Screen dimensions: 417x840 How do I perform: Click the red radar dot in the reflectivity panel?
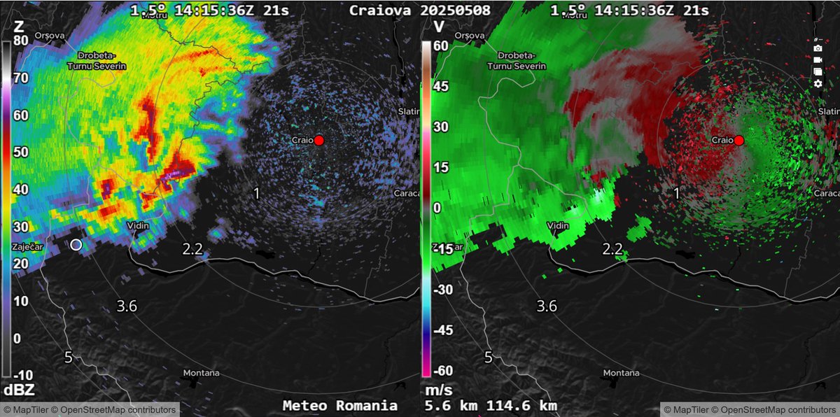pyautogui.click(x=319, y=140)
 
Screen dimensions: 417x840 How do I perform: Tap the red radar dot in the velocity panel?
pyautogui.click(x=738, y=140)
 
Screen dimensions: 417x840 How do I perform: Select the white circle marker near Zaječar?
pyautogui.click(x=76, y=244)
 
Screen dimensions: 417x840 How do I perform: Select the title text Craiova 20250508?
pyautogui.click(x=429, y=10)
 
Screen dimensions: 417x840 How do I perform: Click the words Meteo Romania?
pyautogui.click(x=340, y=406)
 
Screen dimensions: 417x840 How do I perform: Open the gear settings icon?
pyautogui.click(x=818, y=84)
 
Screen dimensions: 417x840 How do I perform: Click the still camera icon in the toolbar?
pyautogui.click(x=818, y=48)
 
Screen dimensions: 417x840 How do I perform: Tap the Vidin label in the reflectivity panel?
pyautogui.click(x=139, y=225)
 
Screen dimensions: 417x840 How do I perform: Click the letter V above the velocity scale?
pyautogui.click(x=438, y=27)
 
